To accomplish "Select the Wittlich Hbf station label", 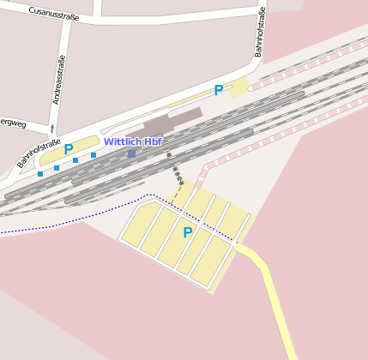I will pyautogui.click(x=133, y=141).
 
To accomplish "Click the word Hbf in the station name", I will pyautogui.click(x=153, y=141).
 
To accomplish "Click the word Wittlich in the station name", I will pyautogui.click(x=122, y=141).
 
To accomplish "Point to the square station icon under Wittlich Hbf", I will pyautogui.click(x=131, y=153).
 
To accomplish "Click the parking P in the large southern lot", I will pyautogui.click(x=187, y=232).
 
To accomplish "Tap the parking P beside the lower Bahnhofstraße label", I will pyautogui.click(x=69, y=149).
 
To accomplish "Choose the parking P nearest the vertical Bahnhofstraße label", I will pyautogui.click(x=219, y=90).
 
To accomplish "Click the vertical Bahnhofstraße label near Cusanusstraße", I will pyautogui.click(x=260, y=32).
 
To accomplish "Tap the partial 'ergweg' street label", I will pyautogui.click(x=13, y=121).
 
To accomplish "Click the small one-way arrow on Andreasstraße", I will pyautogui.click(x=52, y=129).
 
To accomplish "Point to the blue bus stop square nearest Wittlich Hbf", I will pyautogui.click(x=94, y=155).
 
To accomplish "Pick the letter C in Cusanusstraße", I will pyautogui.click(x=32, y=12).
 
